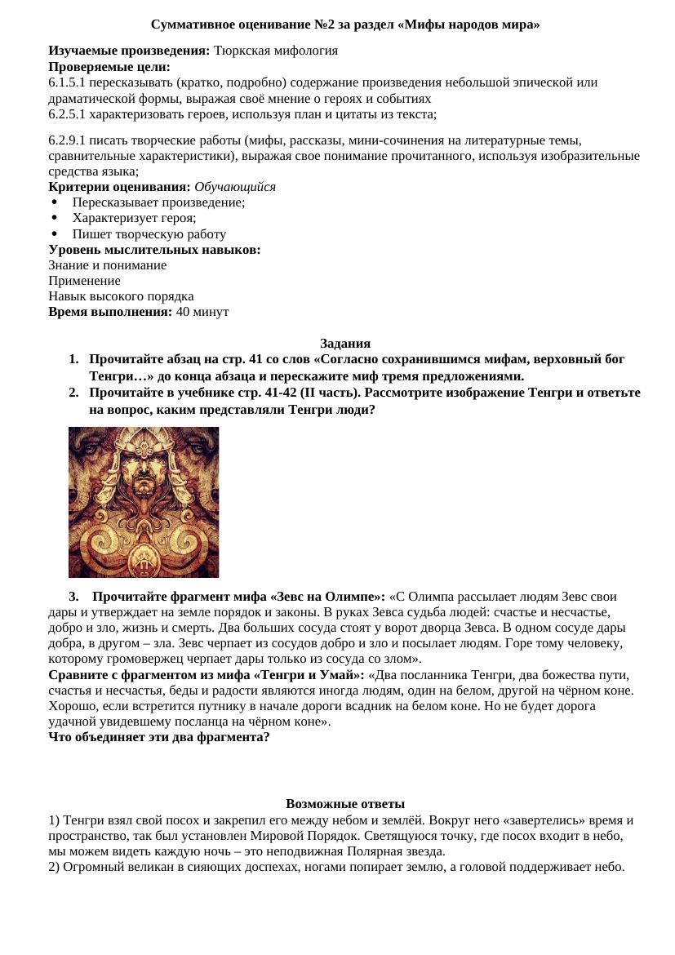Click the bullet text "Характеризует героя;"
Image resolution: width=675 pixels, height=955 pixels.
pyautogui.click(x=134, y=218)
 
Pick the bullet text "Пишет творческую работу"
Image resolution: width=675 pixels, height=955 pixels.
pyautogui.click(x=149, y=234)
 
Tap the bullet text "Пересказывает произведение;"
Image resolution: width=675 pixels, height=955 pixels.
pyautogui.click(x=158, y=202)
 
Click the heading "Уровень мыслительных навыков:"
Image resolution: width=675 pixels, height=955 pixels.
pyautogui.click(x=154, y=250)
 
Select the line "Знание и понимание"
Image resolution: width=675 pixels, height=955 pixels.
pyautogui.click(x=107, y=265)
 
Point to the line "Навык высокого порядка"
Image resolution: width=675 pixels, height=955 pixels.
pyautogui.click(x=121, y=296)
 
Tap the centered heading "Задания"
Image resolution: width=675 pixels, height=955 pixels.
pyautogui.click(x=345, y=344)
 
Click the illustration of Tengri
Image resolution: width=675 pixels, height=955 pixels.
pyautogui.click(x=144, y=502)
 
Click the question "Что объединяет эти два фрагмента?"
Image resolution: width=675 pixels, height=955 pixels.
pyautogui.click(x=159, y=737)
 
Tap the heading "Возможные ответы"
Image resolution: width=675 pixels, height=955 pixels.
pyautogui.click(x=345, y=804)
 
